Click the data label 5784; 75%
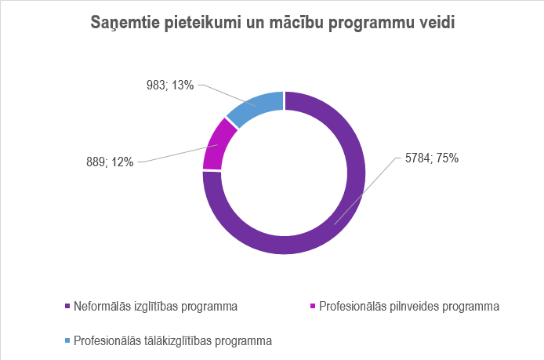[x=431, y=158]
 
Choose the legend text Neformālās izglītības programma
[x=155, y=306]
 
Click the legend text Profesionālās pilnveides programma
[x=409, y=306]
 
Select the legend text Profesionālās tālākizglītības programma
[x=172, y=341]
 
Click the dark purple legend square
[x=67, y=306]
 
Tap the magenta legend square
[x=313, y=306]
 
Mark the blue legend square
[x=67, y=341]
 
